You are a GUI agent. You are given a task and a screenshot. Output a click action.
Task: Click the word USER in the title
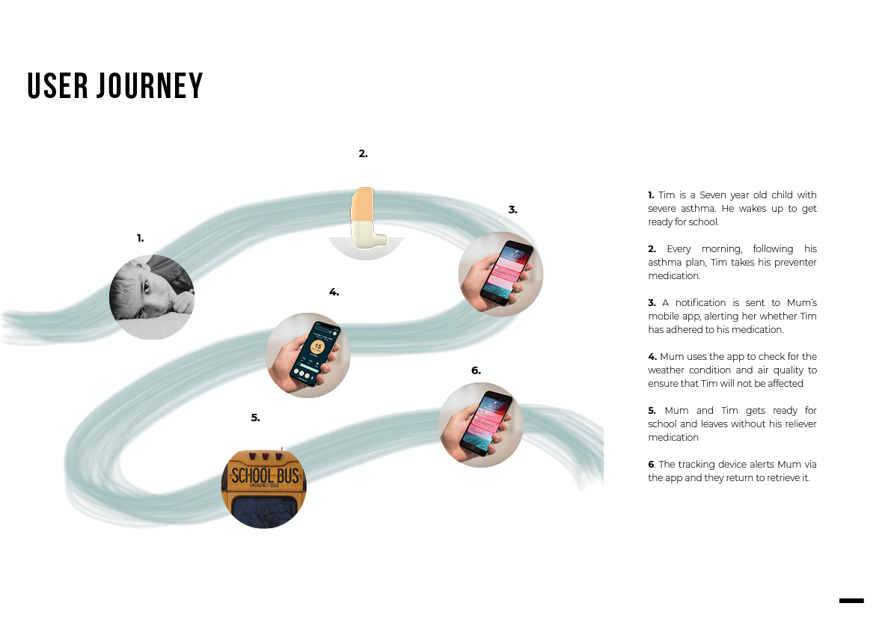point(58,86)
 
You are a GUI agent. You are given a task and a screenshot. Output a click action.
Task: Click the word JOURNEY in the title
point(150,86)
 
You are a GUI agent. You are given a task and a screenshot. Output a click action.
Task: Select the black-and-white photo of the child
point(152,296)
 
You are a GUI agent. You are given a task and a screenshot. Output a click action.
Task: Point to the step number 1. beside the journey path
point(140,238)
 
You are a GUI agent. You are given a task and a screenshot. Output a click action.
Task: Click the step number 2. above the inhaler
point(363,153)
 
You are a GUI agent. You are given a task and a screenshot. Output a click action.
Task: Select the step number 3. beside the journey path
point(512,210)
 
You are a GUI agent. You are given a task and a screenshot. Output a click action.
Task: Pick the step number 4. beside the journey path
point(334,292)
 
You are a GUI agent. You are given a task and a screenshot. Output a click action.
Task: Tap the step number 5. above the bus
point(255,418)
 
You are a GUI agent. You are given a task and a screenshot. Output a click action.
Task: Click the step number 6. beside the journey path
point(476,370)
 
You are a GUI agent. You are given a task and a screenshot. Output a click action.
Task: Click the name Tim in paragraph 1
point(667,195)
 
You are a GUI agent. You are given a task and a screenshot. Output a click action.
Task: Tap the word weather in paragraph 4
point(666,370)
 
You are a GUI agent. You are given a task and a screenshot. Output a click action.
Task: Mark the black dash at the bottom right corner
point(851,600)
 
